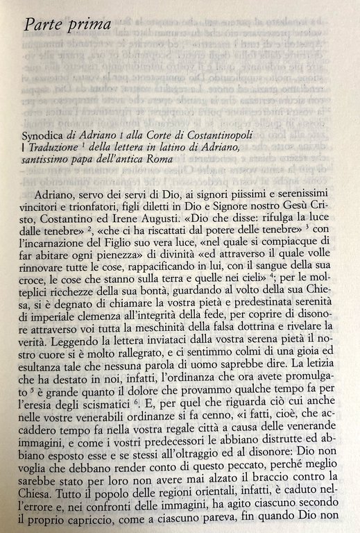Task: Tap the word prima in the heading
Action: click(x=90, y=27)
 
